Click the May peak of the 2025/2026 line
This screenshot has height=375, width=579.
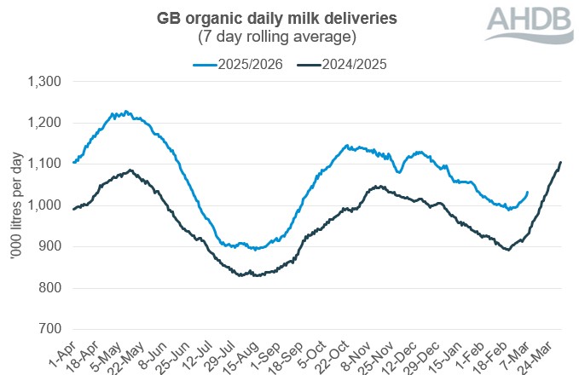126,112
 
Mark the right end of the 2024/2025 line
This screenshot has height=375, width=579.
560,162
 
